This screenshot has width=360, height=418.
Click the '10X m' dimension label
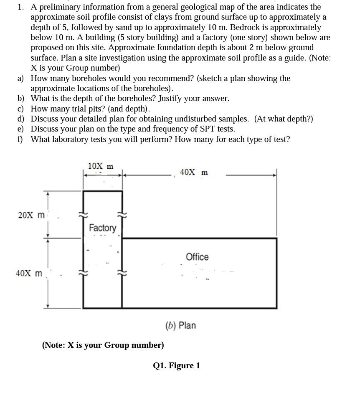click(x=100, y=166)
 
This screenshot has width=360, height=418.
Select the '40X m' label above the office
click(x=193, y=172)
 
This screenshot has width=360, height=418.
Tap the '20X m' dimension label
click(x=31, y=215)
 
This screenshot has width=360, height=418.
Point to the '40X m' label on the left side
click(x=29, y=274)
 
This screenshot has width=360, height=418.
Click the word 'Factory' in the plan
click(x=102, y=228)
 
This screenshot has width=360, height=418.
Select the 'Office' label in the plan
click(x=197, y=257)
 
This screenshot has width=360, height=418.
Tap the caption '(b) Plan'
click(x=180, y=325)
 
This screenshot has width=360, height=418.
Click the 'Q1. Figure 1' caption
click(x=176, y=366)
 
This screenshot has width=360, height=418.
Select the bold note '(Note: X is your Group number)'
click(x=103, y=345)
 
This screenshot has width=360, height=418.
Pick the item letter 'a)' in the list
click(x=20, y=79)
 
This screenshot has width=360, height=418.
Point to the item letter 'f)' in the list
click(x=20, y=139)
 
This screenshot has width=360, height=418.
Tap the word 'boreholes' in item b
click(x=134, y=99)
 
